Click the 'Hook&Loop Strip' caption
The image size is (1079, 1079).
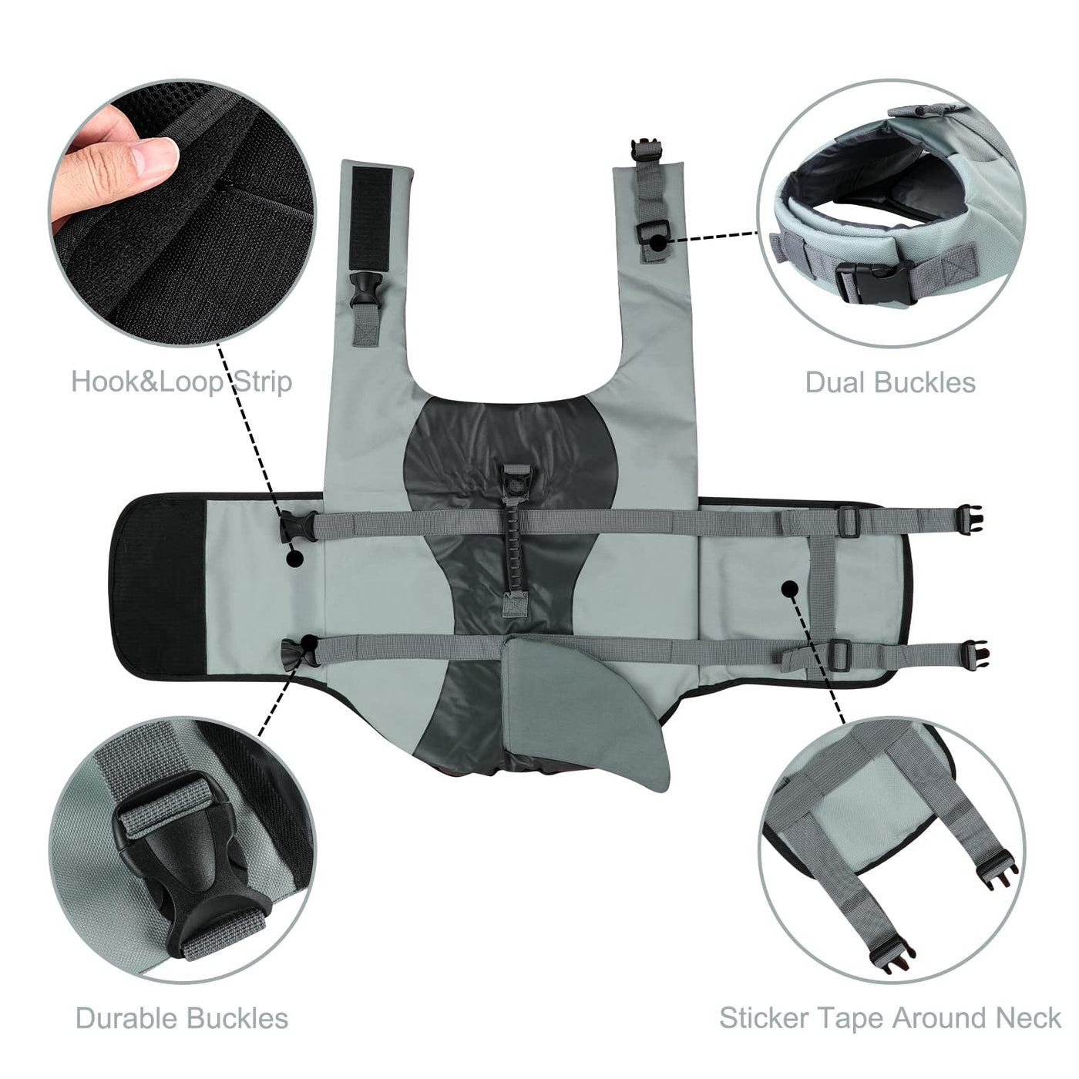pos(181,382)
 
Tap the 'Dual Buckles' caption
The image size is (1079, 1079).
pos(890,382)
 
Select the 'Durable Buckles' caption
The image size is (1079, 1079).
pos(182,1018)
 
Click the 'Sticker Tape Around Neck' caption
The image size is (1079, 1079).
pos(890,1018)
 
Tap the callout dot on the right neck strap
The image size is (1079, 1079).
pos(656,242)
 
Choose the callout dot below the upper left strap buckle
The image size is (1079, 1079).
pos(294,558)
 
